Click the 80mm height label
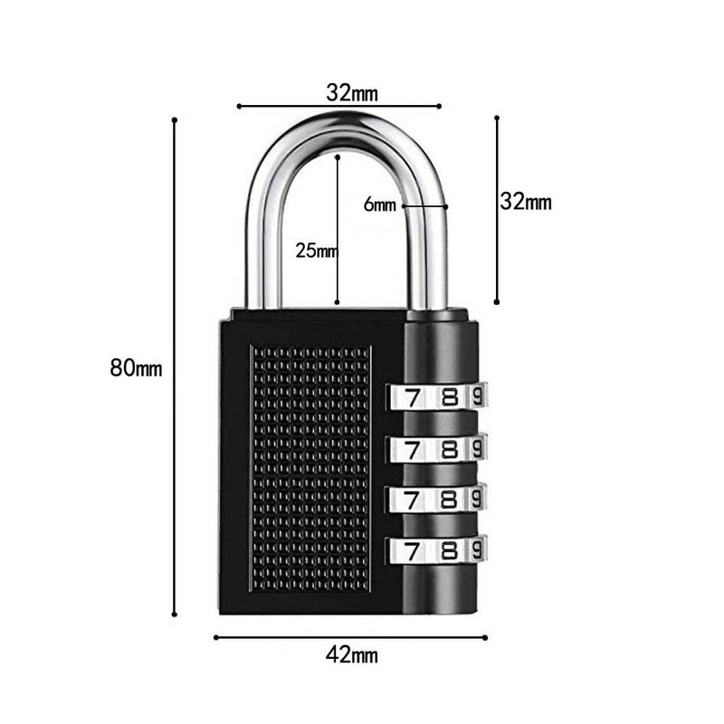click(x=135, y=368)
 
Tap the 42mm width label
click(x=350, y=655)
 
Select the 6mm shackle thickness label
click(x=380, y=205)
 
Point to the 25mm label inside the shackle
click(x=316, y=251)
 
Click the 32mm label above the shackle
click(x=352, y=92)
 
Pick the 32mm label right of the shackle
click(x=525, y=202)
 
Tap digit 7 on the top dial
click(x=413, y=397)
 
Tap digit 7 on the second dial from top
click(x=413, y=449)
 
